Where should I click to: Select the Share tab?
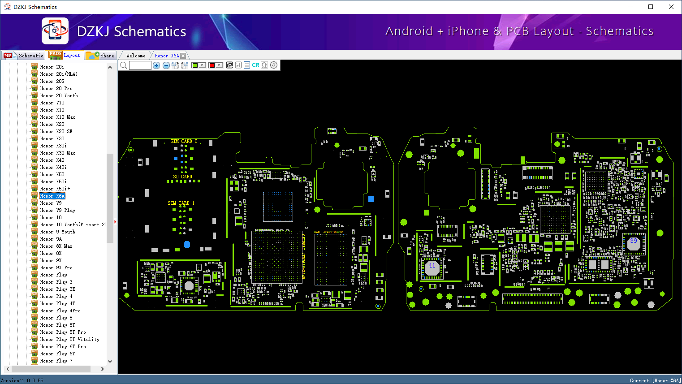[x=101, y=56]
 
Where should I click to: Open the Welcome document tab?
[x=136, y=56]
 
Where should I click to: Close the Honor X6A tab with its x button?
[x=183, y=56]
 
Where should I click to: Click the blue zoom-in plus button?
[x=156, y=65]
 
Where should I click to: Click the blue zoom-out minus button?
[x=166, y=65]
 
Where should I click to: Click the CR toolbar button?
[x=255, y=65]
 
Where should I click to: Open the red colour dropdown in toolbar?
[x=219, y=65]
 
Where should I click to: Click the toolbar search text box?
[x=140, y=65]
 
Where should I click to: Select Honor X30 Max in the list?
[x=57, y=153]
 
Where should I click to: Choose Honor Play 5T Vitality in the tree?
[x=69, y=339]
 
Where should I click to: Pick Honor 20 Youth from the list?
[x=59, y=95]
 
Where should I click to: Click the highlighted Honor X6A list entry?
[x=52, y=196]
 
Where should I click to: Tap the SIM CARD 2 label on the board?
[x=184, y=141]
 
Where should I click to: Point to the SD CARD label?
[x=182, y=177]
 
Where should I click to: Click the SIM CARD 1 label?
[x=181, y=203]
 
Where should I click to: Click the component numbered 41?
[x=432, y=266]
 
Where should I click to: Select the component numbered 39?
[x=633, y=241]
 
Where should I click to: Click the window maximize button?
[x=651, y=7]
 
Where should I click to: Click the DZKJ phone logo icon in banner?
[x=55, y=31]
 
